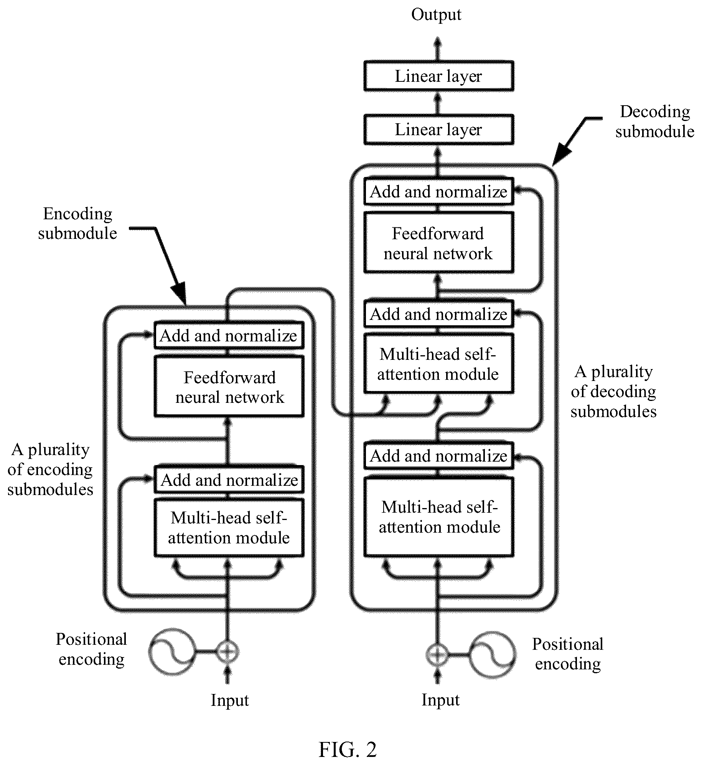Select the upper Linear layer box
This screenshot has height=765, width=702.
tap(438, 76)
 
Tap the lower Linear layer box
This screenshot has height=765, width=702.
tap(438, 130)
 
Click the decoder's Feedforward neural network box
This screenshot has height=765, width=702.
tap(438, 243)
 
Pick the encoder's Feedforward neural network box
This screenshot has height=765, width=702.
tap(229, 386)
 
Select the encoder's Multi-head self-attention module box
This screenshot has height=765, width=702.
tap(229, 528)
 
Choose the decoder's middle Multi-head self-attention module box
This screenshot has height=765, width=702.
tap(438, 363)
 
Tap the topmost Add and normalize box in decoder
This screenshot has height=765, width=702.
tap(438, 191)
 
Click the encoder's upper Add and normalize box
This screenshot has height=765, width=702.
tap(229, 335)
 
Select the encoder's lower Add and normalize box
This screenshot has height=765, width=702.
tap(229, 480)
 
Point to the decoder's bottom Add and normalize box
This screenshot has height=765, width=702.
tap(438, 456)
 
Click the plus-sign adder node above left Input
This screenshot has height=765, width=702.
tap(228, 651)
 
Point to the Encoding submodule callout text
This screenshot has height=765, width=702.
tap(77, 223)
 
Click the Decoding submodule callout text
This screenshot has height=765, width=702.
tap(655, 121)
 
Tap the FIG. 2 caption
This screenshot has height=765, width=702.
tap(348, 749)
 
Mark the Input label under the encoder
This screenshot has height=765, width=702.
tap(229, 700)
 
